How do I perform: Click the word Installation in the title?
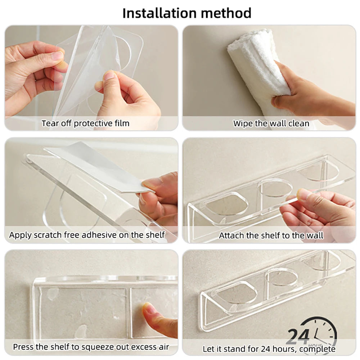tap(159, 13)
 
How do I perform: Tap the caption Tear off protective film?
tap(85, 123)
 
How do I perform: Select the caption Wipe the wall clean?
tap(271, 123)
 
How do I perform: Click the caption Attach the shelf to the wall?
tap(271, 236)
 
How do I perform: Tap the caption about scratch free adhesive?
tap(87, 235)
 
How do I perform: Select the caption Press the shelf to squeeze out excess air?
tap(91, 347)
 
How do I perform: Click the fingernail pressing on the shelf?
tap(148, 309)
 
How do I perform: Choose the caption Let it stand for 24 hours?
tap(269, 349)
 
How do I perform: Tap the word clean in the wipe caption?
tap(299, 123)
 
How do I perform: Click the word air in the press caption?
tap(163, 347)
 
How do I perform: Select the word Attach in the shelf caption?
tap(231, 236)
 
